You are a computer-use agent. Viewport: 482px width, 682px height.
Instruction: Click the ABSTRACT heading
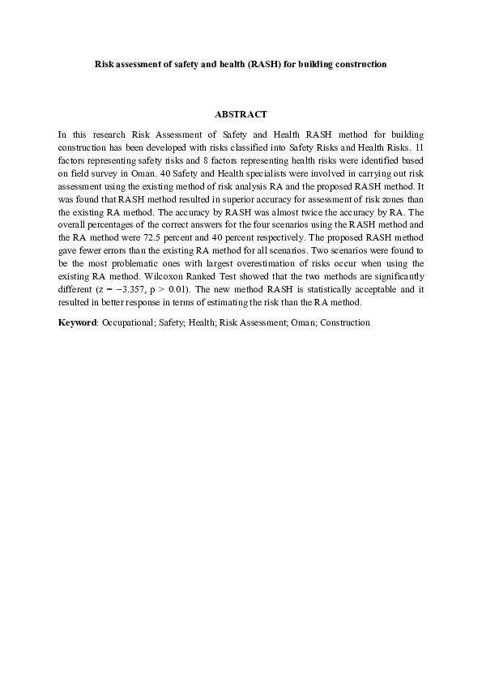pos(241,114)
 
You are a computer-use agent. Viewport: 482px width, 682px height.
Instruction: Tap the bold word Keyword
pos(78,322)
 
